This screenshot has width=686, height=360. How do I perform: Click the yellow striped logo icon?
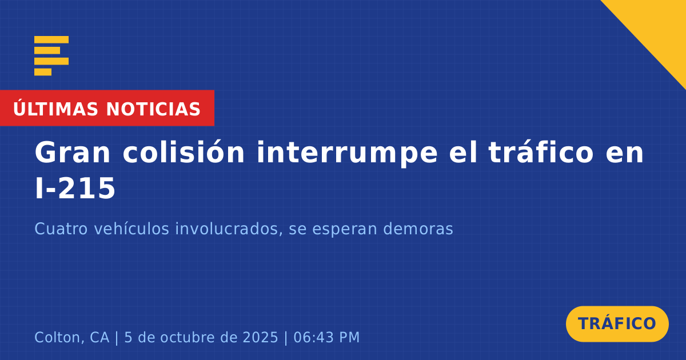(51, 56)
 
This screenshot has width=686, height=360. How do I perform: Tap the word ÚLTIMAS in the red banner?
(55, 108)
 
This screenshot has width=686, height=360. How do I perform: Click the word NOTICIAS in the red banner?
(153, 109)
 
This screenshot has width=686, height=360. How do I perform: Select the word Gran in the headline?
(72, 153)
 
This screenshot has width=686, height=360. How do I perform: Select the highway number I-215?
(75, 188)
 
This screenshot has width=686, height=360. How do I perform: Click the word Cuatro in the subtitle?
(61, 229)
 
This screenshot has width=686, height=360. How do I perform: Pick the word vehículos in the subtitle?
(131, 229)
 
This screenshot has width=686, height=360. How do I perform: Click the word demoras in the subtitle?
(418, 229)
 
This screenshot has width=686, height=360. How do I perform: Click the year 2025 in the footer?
(260, 337)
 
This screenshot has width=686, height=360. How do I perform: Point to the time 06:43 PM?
(326, 337)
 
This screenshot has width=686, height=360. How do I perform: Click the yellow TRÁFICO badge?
(617, 324)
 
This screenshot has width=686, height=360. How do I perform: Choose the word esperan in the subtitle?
(345, 230)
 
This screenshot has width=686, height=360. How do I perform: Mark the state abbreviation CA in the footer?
(99, 337)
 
